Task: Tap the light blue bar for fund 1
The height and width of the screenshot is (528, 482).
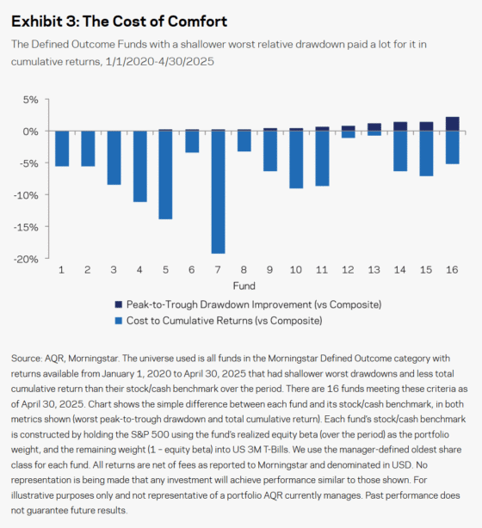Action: tap(61, 149)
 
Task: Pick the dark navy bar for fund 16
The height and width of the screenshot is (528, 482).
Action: tap(452, 124)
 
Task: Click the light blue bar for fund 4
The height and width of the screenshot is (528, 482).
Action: tap(139, 167)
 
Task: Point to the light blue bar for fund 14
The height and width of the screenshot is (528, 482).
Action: tap(400, 151)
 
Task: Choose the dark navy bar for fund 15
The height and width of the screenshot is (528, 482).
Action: tap(426, 126)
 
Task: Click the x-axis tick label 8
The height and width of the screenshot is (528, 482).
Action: tap(244, 270)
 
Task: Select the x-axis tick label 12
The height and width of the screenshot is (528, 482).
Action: tap(348, 270)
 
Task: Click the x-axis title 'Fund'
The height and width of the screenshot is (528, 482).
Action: tap(244, 285)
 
